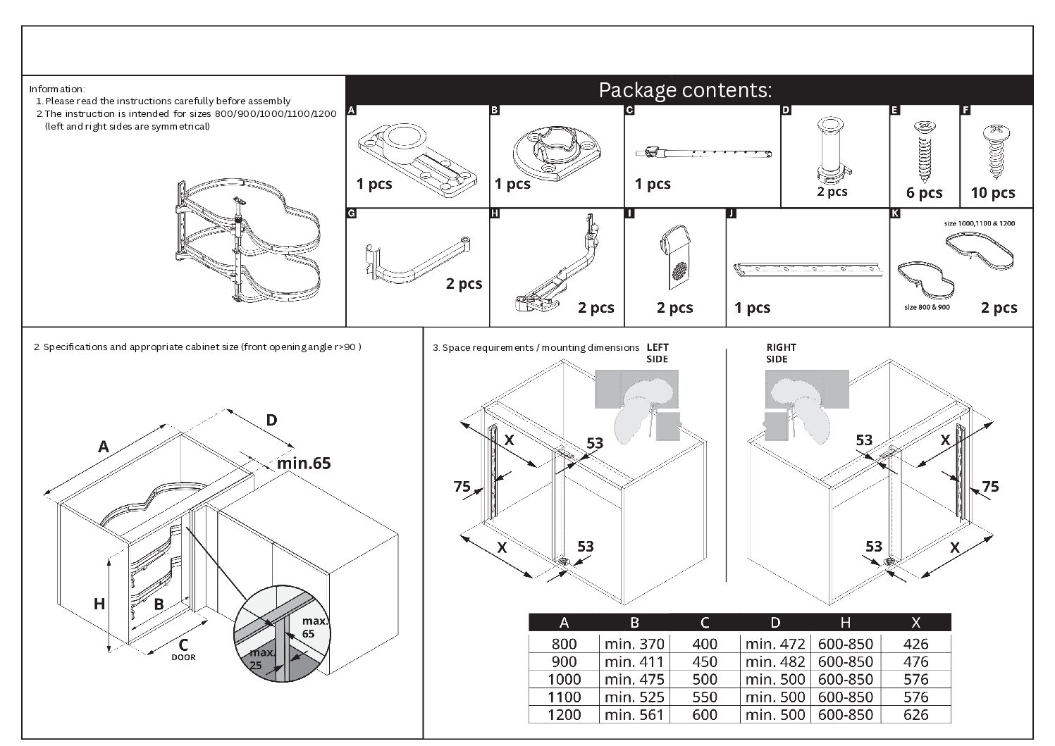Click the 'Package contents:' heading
(x=684, y=90)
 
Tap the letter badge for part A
(x=352, y=111)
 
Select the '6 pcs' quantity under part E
(x=924, y=192)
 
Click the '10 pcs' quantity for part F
(x=992, y=192)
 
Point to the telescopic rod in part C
(x=703, y=153)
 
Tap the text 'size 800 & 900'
(x=926, y=307)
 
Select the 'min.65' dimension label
(x=303, y=463)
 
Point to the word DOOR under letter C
(x=183, y=657)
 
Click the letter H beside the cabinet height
(x=99, y=604)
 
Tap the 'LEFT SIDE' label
(x=657, y=353)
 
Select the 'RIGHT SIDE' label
(x=781, y=353)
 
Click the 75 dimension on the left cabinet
(x=462, y=486)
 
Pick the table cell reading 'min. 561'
(x=634, y=714)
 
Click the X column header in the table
(x=915, y=622)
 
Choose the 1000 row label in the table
(x=564, y=679)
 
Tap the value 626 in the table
(x=915, y=714)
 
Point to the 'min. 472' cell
(x=775, y=643)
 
